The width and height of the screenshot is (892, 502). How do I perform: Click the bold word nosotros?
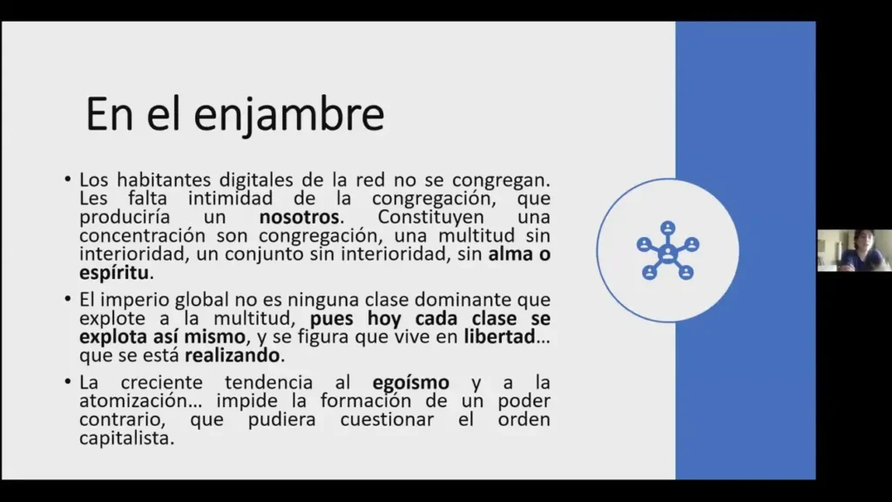tap(300, 217)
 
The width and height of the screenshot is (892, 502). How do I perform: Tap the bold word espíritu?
tap(114, 273)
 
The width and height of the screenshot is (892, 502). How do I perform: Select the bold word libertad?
tap(499, 336)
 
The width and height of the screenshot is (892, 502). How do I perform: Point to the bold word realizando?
tap(232, 356)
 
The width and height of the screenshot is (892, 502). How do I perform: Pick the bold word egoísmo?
tap(411, 383)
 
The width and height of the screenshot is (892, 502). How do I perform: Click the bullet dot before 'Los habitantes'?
tap(68, 180)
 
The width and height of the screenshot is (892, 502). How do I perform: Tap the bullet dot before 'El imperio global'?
tap(68, 299)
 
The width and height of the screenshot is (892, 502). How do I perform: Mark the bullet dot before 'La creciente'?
tap(68, 382)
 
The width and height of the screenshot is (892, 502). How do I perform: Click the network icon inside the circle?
tap(667, 250)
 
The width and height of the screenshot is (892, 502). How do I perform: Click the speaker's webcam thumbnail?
tap(855, 250)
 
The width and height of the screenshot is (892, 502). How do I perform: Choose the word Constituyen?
tap(430, 217)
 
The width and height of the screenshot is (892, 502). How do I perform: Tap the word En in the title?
tap(109, 114)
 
